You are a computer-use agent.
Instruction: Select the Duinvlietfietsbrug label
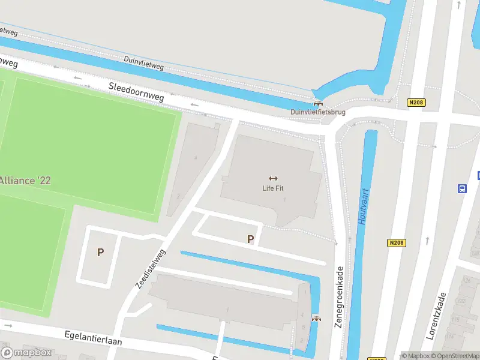(x=317, y=112)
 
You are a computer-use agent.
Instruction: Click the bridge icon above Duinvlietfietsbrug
(x=317, y=103)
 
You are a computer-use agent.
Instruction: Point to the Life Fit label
(x=273, y=188)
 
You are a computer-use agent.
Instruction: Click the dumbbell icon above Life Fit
(x=274, y=178)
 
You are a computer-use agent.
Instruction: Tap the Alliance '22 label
(x=25, y=180)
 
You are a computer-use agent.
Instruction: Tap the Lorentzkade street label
(x=436, y=316)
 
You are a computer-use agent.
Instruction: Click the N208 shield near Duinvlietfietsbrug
(x=416, y=103)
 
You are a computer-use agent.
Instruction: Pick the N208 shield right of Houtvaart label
(x=396, y=243)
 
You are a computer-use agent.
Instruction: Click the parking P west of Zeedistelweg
(x=100, y=253)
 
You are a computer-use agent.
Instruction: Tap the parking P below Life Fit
(x=251, y=239)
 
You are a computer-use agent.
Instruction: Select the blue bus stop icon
(x=462, y=188)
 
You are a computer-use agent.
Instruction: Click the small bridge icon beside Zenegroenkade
(x=316, y=319)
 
